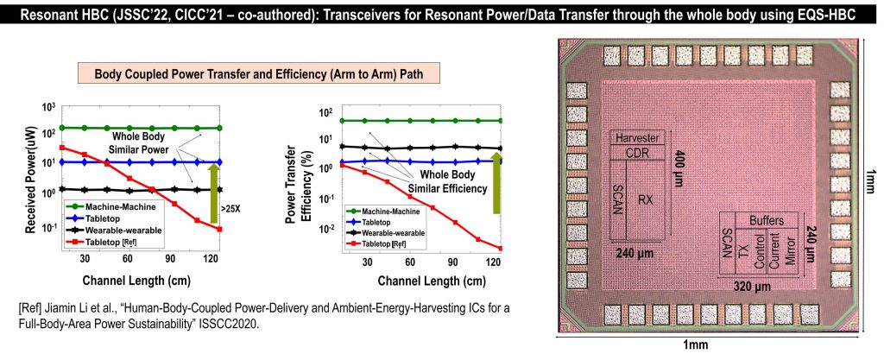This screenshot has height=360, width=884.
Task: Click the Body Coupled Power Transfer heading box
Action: click(x=259, y=75)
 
